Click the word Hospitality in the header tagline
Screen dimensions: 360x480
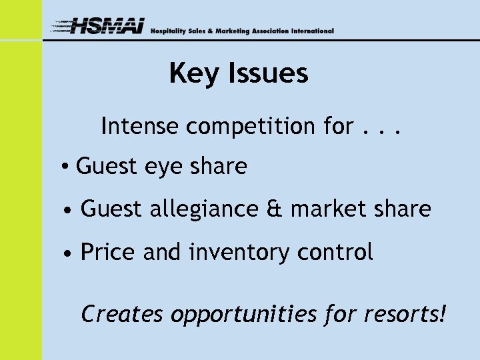click(x=167, y=31)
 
